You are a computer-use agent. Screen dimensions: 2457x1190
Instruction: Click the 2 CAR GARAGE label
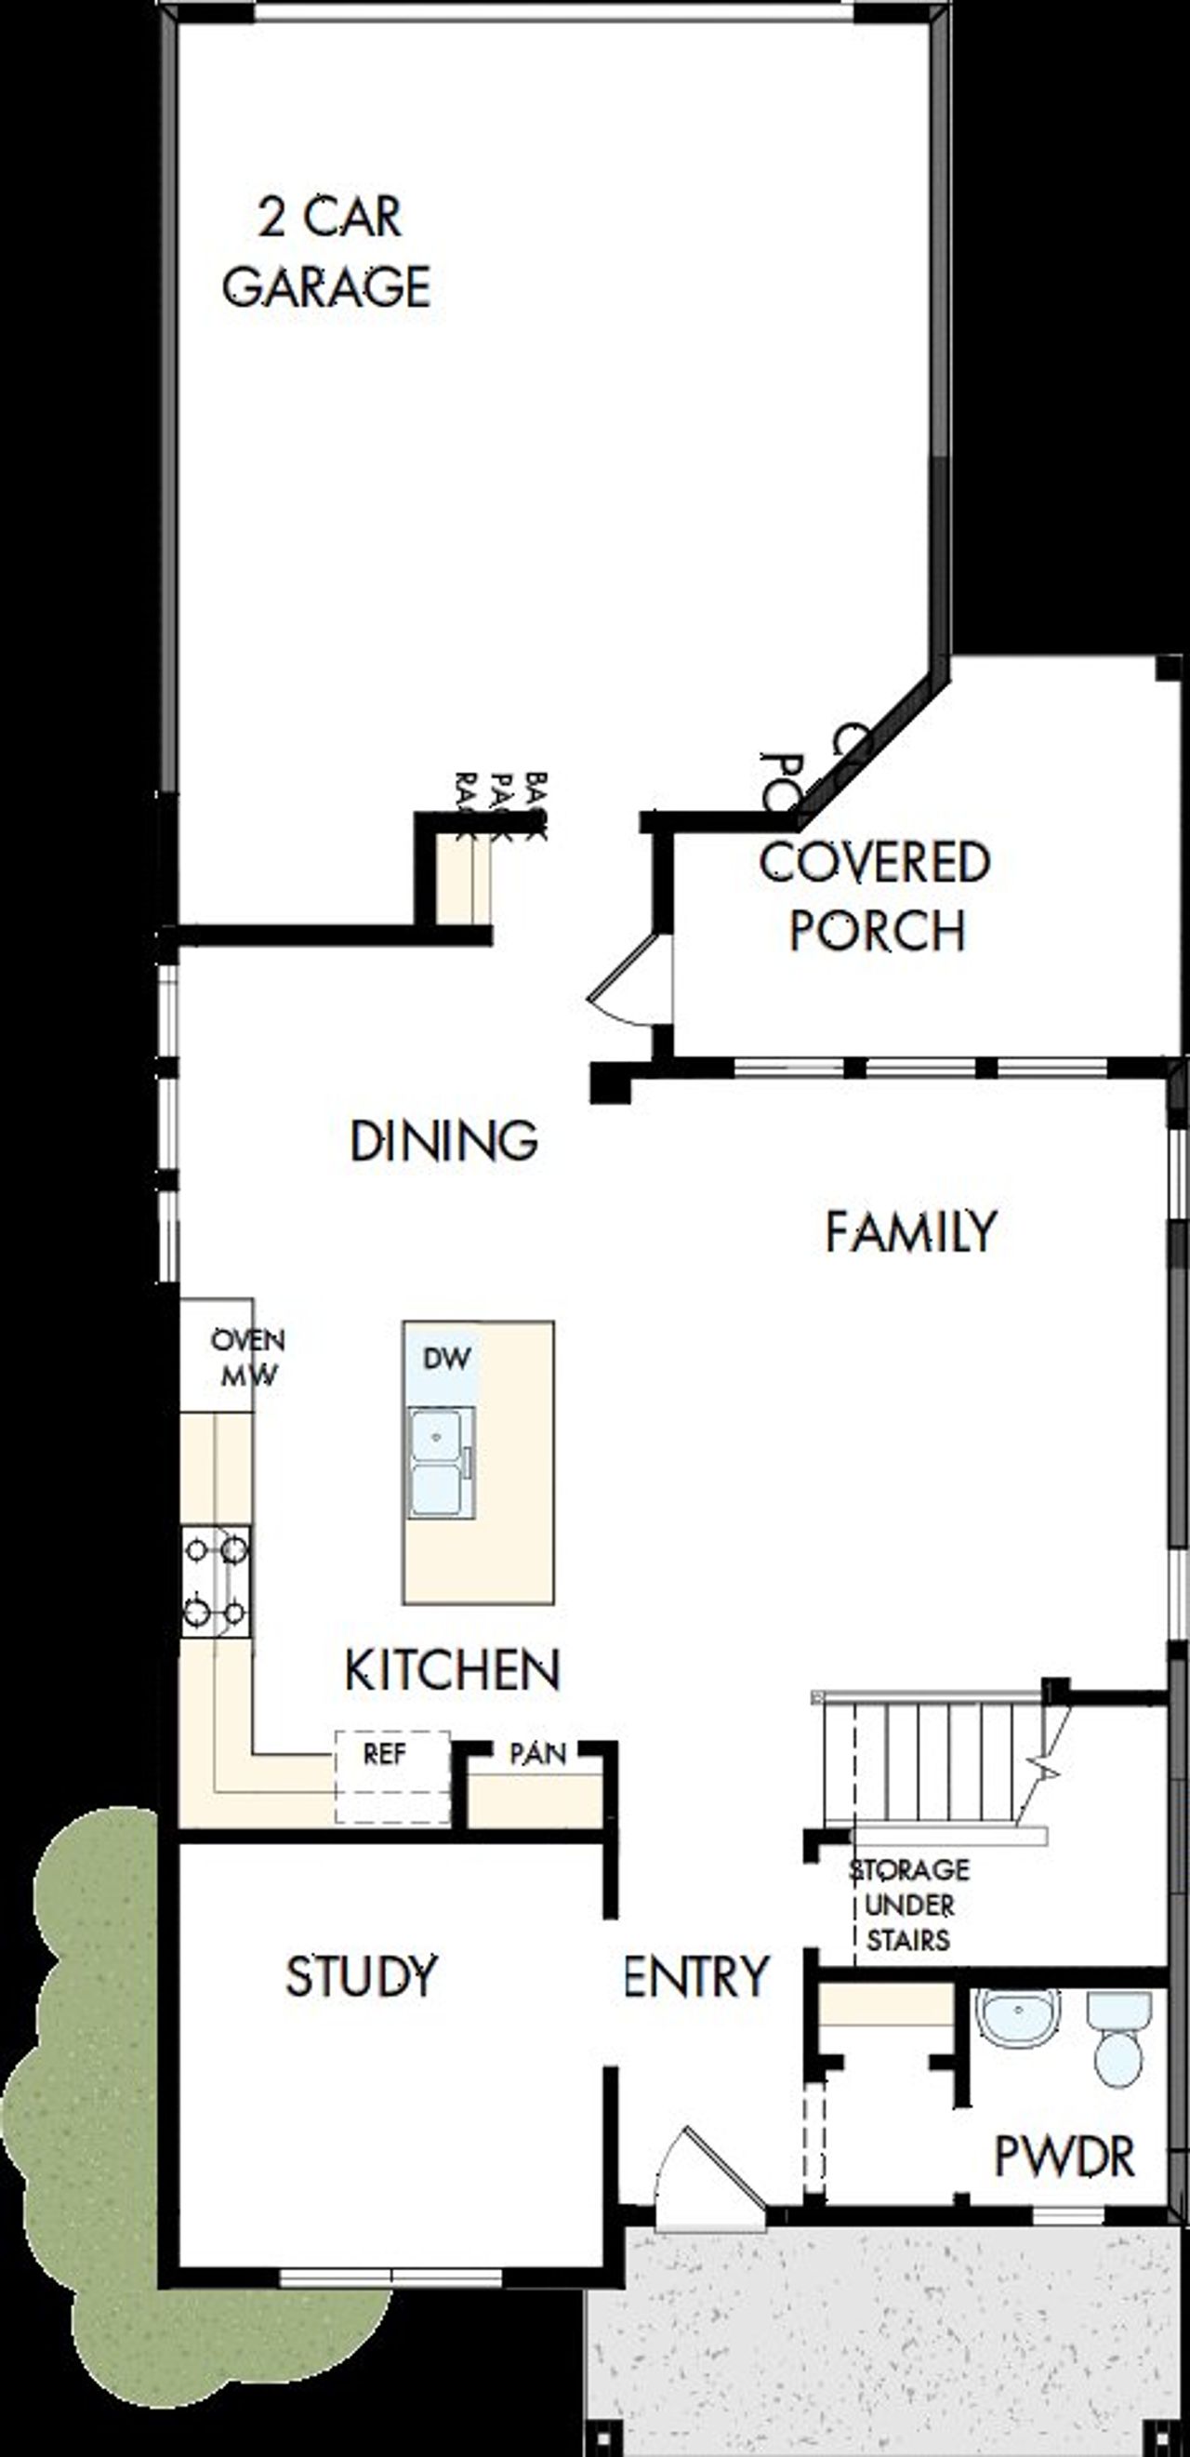click(328, 253)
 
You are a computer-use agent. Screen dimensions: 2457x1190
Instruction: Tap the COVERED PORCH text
click(875, 896)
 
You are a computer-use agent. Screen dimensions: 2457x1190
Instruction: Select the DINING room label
click(444, 1141)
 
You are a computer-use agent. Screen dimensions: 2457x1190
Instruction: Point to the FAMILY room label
click(910, 1231)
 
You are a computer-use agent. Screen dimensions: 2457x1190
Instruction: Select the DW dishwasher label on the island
click(445, 1358)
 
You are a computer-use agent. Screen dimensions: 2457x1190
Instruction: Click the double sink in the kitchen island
click(438, 1464)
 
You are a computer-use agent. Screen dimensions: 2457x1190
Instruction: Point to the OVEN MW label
click(247, 1358)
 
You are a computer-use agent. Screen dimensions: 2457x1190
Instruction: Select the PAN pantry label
click(537, 1753)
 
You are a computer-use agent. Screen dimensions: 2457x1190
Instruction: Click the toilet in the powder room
click(1117, 2040)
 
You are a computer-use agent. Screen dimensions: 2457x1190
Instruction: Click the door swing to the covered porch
click(622, 982)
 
